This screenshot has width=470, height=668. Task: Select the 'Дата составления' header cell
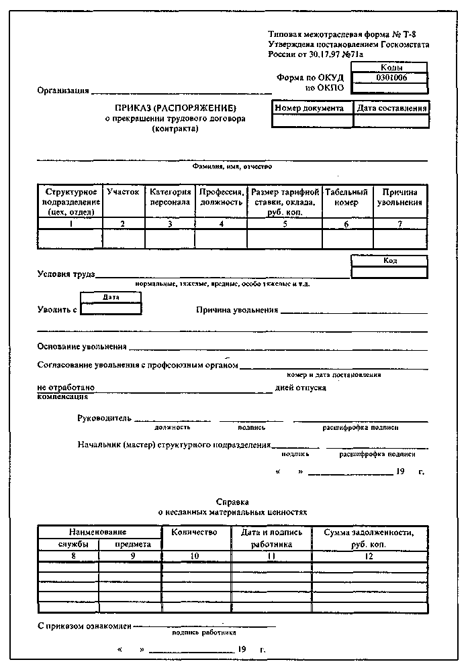(391, 108)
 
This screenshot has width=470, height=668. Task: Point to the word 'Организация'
(63, 91)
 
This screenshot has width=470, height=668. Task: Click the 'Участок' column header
(123, 192)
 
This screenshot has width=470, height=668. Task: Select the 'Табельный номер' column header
(346, 197)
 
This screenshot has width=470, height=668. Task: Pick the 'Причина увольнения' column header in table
(399, 197)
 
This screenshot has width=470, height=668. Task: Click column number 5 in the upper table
(285, 224)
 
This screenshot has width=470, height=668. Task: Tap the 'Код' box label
(389, 261)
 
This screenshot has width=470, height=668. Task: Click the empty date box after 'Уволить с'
(111, 309)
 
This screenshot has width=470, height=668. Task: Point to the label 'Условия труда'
(66, 274)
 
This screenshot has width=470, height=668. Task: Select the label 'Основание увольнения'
(82, 347)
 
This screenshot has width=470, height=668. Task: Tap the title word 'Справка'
(232, 502)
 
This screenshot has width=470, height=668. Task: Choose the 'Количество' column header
(195, 533)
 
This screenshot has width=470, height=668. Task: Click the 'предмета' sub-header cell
(130, 545)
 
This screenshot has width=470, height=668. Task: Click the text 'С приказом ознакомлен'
(84, 626)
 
